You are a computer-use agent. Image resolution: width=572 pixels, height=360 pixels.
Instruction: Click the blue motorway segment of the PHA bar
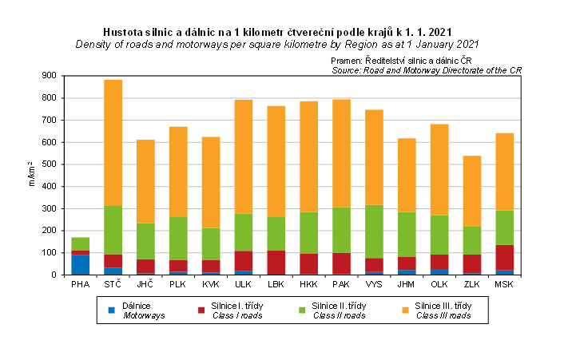80,264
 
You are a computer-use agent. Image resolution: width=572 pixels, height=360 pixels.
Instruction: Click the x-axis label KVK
210,284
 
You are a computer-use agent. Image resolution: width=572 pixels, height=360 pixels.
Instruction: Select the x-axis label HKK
308,284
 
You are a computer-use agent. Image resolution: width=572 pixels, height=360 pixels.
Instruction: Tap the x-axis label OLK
439,284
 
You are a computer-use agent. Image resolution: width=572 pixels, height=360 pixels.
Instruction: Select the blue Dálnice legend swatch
112,306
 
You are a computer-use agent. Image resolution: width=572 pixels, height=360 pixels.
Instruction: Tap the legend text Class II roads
340,316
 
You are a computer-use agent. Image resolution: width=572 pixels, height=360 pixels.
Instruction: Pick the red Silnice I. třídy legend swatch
205,306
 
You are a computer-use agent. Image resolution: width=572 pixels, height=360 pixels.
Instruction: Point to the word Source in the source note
347,71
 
